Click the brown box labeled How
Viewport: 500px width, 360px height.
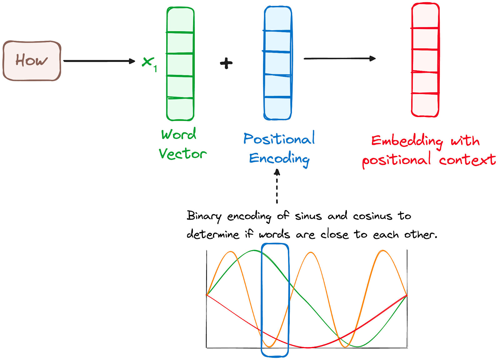point(32,61)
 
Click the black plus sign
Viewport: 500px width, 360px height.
point(226,63)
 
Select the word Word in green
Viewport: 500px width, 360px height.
point(179,134)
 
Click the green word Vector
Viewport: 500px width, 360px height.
point(182,154)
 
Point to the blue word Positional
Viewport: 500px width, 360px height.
point(279,139)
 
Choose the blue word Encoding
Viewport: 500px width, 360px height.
point(279,159)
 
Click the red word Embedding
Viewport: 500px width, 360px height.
point(407,141)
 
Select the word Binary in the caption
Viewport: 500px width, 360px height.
point(204,216)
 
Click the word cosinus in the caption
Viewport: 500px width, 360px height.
point(372,216)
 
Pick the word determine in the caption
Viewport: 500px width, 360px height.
point(213,234)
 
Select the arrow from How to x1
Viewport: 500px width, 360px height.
point(99,61)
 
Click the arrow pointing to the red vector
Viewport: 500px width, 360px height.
point(339,58)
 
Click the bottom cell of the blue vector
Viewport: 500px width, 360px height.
point(277,108)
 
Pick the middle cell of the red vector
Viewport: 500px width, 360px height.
point(425,61)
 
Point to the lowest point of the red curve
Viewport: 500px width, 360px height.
point(308,347)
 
